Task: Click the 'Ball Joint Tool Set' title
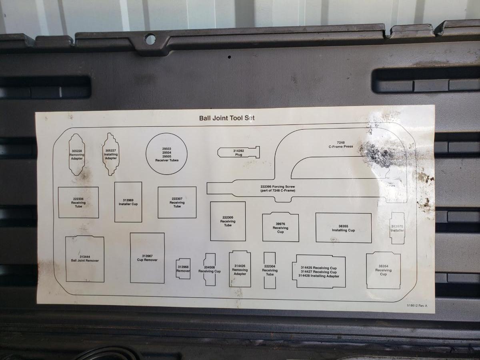[x=227, y=118]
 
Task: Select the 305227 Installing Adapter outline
[x=111, y=154]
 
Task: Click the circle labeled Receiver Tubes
[x=167, y=154]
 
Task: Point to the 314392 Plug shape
[x=239, y=152]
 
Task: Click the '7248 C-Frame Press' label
[x=340, y=144]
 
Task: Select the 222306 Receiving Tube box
[x=78, y=203]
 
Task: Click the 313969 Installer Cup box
[x=128, y=202]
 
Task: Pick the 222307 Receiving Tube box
[x=177, y=202]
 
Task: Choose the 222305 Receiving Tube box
[x=228, y=221]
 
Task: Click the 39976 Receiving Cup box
[x=280, y=227]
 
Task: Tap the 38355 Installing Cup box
[x=343, y=228]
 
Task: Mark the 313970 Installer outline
[x=397, y=228]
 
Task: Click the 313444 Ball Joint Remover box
[x=85, y=259]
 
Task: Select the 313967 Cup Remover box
[x=147, y=258]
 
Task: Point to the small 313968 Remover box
[x=183, y=269]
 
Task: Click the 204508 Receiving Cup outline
[x=210, y=269]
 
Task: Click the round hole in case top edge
[x=150, y=39]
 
